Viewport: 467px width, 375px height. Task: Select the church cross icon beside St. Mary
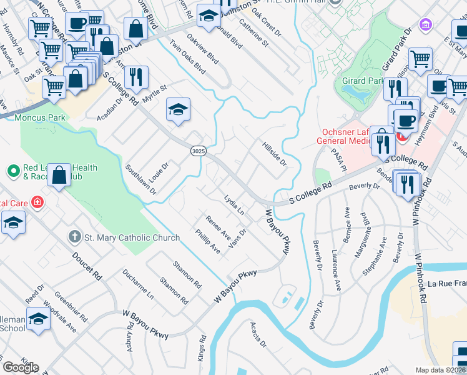74,237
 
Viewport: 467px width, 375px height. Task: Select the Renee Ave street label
219,228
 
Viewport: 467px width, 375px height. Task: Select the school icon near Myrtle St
178,111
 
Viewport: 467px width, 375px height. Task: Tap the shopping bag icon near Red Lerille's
59,176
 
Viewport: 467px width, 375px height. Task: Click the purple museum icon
426,25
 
